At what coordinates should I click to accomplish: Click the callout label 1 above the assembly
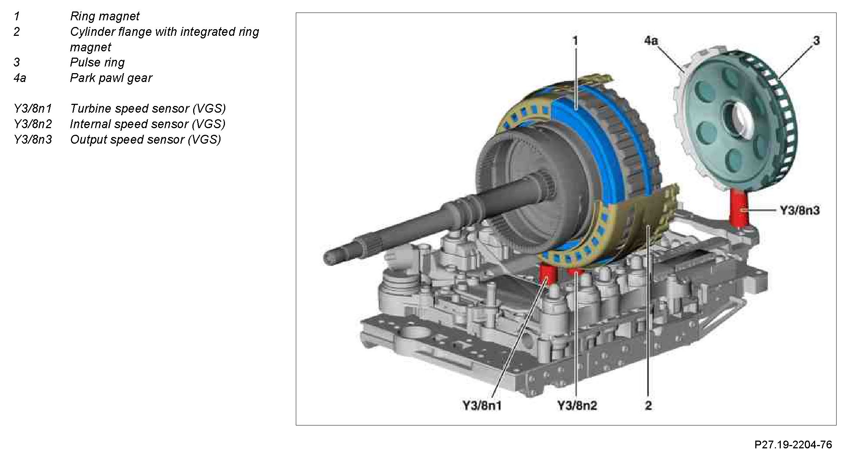click(x=575, y=41)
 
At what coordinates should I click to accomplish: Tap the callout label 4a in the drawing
click(x=651, y=40)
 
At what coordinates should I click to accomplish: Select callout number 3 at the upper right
click(x=816, y=41)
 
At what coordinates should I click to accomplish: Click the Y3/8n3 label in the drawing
click(x=800, y=211)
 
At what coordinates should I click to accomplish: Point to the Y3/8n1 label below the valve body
click(x=482, y=406)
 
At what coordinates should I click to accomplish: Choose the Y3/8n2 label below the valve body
click(x=577, y=406)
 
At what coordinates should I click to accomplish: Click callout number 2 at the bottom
click(x=648, y=406)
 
